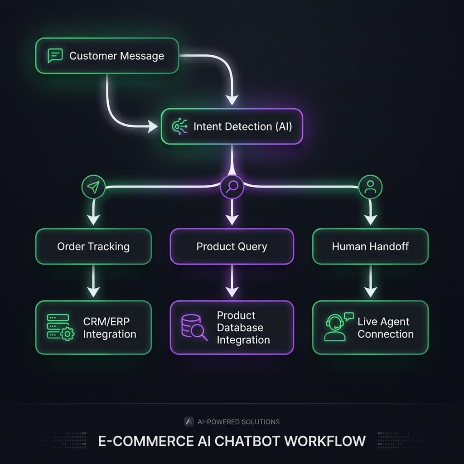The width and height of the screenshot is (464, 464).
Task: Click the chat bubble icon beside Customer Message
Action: (x=54, y=56)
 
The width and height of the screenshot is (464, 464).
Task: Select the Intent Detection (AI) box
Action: (x=232, y=126)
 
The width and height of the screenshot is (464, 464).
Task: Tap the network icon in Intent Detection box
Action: (x=178, y=126)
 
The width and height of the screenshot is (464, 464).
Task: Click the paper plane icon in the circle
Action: (x=93, y=187)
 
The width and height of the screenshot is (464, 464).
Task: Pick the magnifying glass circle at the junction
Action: (x=232, y=186)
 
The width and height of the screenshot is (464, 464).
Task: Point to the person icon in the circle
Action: (x=370, y=186)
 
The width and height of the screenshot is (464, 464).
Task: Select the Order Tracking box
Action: (x=93, y=246)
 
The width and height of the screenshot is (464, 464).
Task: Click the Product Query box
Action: (x=232, y=246)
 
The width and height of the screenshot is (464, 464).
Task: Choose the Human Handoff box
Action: (x=370, y=246)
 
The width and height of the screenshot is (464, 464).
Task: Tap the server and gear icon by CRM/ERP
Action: (x=60, y=328)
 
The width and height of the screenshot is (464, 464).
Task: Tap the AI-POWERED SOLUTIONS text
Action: (x=238, y=422)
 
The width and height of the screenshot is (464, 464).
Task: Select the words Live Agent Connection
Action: (x=385, y=328)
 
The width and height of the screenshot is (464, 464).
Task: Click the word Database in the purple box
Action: (x=240, y=328)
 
